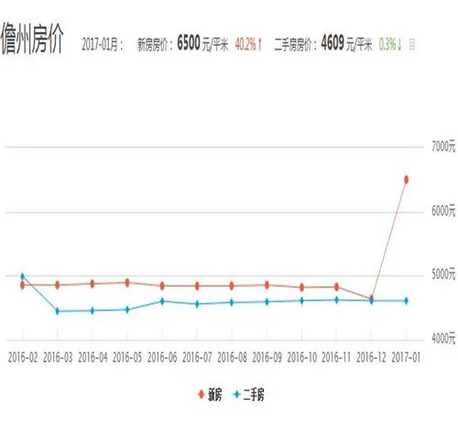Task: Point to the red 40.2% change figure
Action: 247,43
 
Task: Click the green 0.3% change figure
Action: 389,43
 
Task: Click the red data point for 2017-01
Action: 405,178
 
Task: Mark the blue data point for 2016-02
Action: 23,276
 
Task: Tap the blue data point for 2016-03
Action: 58,311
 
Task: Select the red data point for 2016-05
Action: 127,282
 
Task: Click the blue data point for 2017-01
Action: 405,300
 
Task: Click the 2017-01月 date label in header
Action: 102,43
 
